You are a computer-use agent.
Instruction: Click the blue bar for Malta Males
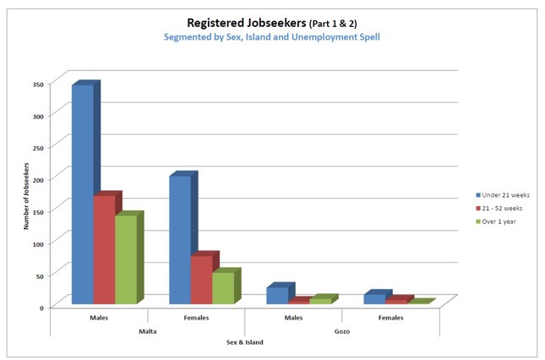pyautogui.click(x=82, y=194)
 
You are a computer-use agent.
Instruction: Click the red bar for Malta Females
pyautogui.click(x=201, y=279)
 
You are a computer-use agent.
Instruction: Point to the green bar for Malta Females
pyautogui.click(x=222, y=287)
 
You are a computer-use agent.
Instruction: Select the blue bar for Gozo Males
pyautogui.click(x=276, y=295)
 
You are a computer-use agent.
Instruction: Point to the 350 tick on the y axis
pyautogui.click(x=38, y=85)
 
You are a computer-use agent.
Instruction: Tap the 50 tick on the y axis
pyautogui.click(x=40, y=275)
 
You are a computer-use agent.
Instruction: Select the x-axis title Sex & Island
pyautogui.click(x=244, y=342)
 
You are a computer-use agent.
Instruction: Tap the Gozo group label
pyautogui.click(x=341, y=331)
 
